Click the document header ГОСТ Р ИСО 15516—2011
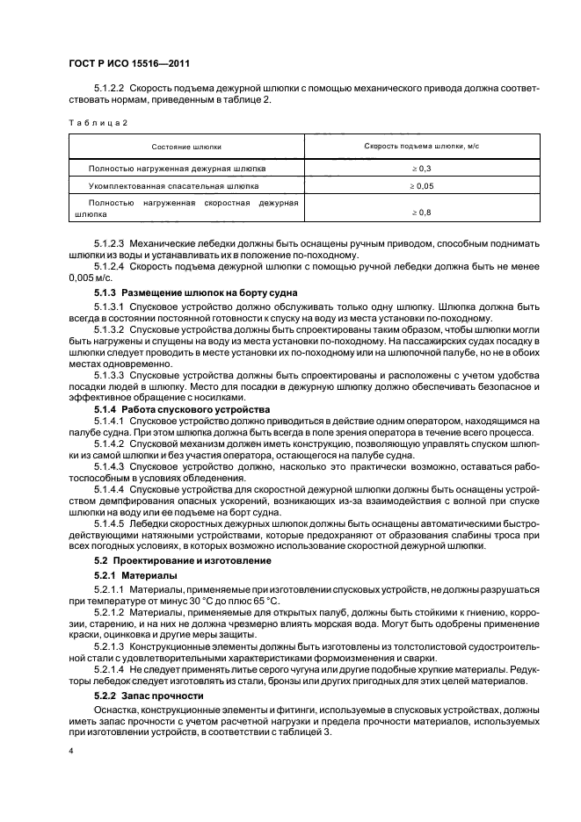[x=130, y=65]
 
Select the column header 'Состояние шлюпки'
[x=186, y=147]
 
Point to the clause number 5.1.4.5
[x=111, y=523]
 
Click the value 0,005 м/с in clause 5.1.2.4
[x=91, y=276]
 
